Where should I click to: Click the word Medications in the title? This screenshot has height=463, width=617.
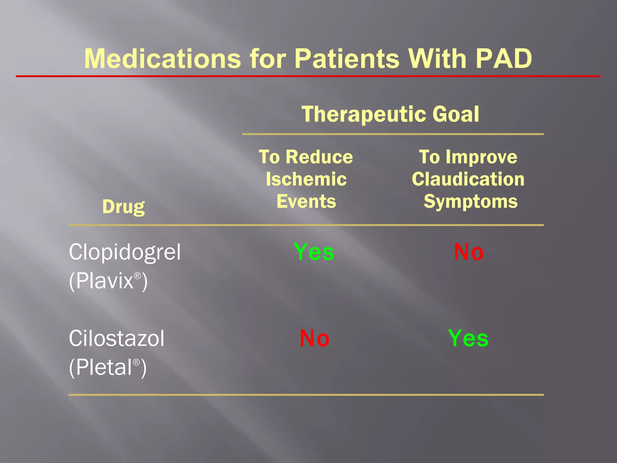(x=163, y=59)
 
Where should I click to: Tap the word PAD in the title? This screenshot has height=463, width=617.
(x=504, y=59)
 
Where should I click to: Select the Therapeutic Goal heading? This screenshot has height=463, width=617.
(x=390, y=114)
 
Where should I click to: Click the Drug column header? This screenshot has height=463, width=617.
(x=123, y=207)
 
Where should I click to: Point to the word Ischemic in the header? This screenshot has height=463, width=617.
(x=306, y=179)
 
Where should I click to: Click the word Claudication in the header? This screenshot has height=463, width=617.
(x=468, y=179)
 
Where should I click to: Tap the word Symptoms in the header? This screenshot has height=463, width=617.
(x=471, y=202)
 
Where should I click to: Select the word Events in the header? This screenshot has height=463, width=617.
(x=306, y=202)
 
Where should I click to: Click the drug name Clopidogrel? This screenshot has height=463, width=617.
(x=125, y=252)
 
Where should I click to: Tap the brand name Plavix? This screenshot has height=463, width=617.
(x=104, y=281)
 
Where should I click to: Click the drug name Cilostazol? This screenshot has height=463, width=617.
(x=117, y=338)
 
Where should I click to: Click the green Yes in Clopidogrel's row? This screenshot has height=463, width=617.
(x=314, y=252)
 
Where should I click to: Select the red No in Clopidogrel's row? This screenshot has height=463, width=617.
(x=469, y=252)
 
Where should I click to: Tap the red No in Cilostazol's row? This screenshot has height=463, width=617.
(x=314, y=338)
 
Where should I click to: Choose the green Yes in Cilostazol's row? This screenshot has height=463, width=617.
(x=468, y=338)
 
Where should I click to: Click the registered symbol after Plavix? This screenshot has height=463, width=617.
(x=137, y=276)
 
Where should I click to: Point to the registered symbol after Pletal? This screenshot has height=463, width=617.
(x=136, y=362)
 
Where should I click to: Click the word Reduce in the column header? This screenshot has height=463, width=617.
(x=319, y=157)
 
